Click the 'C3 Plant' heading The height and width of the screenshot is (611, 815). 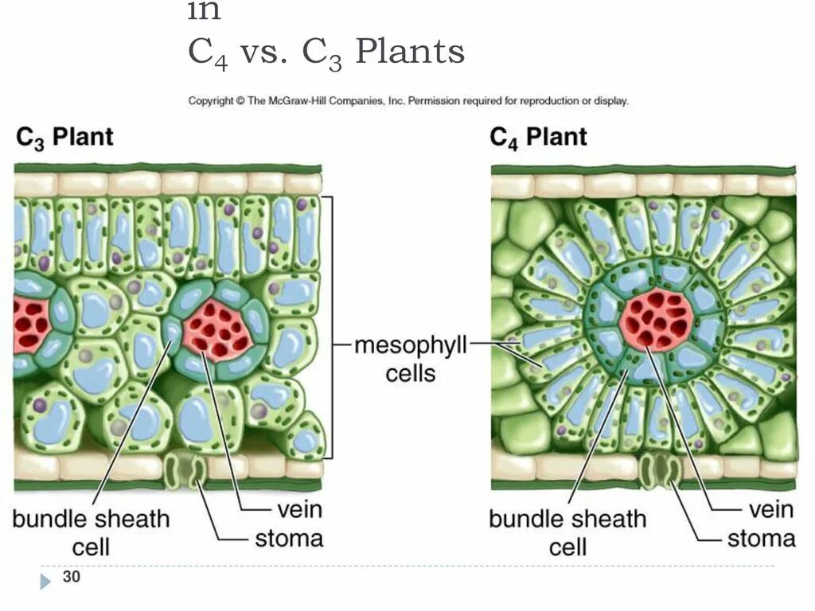[x=64, y=137]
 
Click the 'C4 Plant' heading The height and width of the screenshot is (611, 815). [x=537, y=137]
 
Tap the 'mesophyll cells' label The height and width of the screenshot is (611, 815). [x=410, y=360]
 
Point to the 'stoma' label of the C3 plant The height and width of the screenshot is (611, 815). [x=289, y=539]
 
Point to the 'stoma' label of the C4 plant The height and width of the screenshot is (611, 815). [x=761, y=539]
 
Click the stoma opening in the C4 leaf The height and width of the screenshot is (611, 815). [x=660, y=471]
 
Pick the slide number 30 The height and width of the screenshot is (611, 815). [x=72, y=578]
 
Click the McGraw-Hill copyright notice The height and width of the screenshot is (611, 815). [x=408, y=101]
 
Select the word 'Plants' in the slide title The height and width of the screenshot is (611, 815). [x=410, y=53]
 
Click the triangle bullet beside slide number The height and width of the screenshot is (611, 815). [x=46, y=581]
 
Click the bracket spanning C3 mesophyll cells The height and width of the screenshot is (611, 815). [x=330, y=327]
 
